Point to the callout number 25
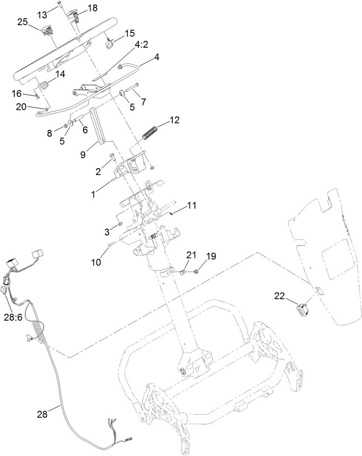point(23,22)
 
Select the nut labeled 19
point(196,271)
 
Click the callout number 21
point(192,255)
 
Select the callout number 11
point(192,206)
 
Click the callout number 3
point(107,232)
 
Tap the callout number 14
point(60,74)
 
